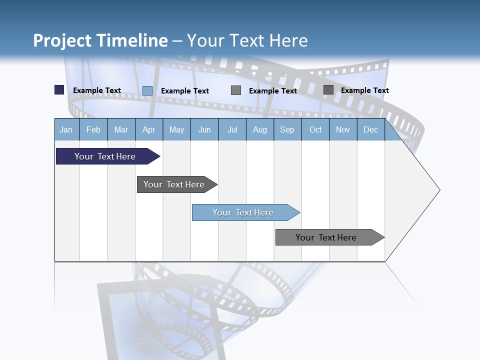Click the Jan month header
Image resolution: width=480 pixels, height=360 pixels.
point(66,129)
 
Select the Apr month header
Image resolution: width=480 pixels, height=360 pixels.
point(148,129)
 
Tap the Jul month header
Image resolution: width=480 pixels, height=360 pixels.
point(232,129)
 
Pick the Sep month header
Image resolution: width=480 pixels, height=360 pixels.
point(287,129)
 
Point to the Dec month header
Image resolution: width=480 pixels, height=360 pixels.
point(370,129)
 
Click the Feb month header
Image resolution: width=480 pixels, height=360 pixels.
point(93,129)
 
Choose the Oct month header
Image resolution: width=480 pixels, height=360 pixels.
point(315,129)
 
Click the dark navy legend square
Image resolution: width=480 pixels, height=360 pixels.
point(59,90)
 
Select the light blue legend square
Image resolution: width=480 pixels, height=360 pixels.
point(147,90)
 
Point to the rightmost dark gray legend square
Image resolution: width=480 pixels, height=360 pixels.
point(328,90)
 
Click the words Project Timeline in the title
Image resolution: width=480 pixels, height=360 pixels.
point(100,40)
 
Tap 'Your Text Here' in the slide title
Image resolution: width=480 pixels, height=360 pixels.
point(247,40)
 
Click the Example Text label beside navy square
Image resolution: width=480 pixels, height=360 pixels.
point(97,90)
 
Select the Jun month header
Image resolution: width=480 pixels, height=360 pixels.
point(204,129)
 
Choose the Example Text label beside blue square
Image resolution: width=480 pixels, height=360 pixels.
point(185,91)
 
